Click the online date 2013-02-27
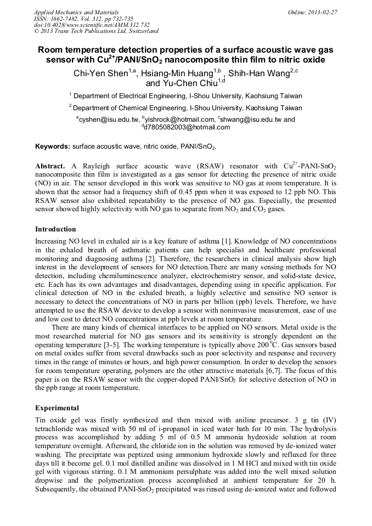point(323,12)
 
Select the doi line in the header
point(92,25)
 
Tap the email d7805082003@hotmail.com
point(187,127)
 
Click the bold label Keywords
point(53,147)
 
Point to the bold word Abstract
point(50,166)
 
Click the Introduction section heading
point(55,229)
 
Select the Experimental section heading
point(57,408)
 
